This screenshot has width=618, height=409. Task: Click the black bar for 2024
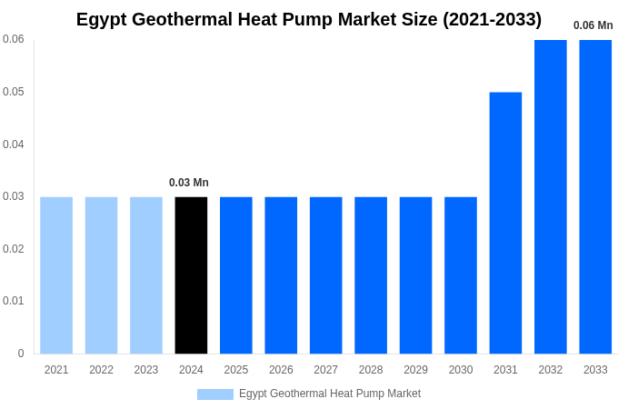click(191, 274)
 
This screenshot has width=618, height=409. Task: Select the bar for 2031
click(505, 223)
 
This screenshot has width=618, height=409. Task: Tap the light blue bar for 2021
click(56, 274)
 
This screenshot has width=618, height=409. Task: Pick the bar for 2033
click(595, 196)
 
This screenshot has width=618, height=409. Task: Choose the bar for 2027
click(325, 274)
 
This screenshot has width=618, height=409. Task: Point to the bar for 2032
click(550, 196)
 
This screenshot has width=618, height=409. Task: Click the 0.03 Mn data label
click(189, 183)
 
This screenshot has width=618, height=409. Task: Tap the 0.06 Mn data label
click(593, 25)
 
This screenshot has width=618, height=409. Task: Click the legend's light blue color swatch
click(214, 394)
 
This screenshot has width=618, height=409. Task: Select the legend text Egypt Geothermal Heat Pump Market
click(329, 394)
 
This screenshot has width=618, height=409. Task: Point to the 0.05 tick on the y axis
click(14, 92)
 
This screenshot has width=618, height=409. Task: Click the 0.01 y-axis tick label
click(14, 301)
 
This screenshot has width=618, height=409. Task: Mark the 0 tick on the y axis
click(21, 354)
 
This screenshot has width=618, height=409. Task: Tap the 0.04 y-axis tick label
click(14, 144)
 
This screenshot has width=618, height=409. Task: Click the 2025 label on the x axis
click(236, 370)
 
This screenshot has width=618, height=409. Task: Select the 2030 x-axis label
click(461, 370)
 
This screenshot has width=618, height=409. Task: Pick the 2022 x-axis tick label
click(101, 370)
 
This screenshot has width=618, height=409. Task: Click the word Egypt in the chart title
click(102, 19)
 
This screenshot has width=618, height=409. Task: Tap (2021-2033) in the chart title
click(492, 19)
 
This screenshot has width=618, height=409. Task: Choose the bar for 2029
click(415, 274)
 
